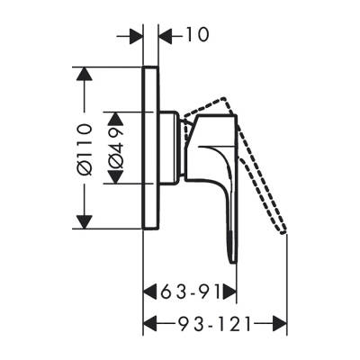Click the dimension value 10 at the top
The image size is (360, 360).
[195, 36]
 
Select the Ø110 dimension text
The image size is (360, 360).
[87, 148]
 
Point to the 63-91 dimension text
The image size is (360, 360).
[191, 291]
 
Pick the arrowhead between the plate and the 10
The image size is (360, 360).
[166, 36]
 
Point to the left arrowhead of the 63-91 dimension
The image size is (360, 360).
[151, 291]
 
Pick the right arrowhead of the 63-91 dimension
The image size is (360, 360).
[229, 291]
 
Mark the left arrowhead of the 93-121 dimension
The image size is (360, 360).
[151, 321]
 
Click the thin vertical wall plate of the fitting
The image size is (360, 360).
[151, 148]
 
